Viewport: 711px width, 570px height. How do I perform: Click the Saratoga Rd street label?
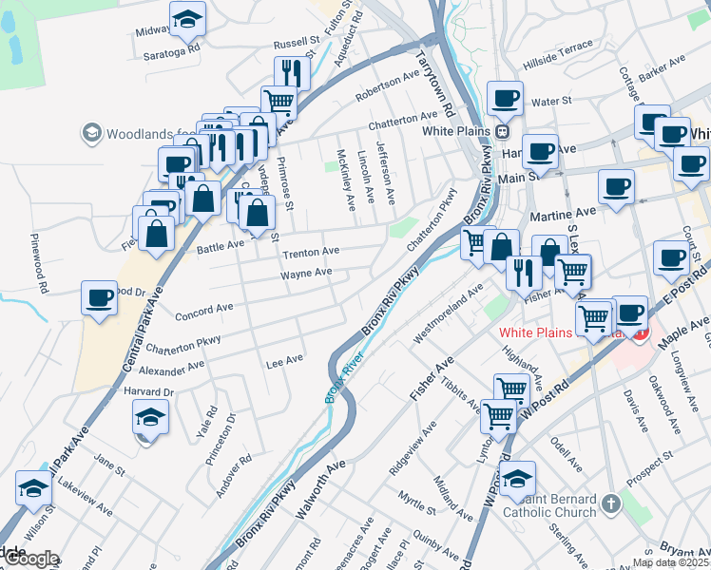(x=173, y=47)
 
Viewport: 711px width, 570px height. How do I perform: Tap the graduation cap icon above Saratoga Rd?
(x=188, y=18)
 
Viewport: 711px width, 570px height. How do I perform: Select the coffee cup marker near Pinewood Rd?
(x=100, y=298)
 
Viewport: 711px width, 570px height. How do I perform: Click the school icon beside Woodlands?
(x=92, y=132)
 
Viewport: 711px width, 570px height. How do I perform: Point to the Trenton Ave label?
(x=311, y=252)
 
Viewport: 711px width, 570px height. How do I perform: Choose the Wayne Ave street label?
(x=305, y=274)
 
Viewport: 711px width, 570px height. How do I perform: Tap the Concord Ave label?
(x=204, y=309)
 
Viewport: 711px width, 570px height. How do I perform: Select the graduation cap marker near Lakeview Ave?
(x=33, y=489)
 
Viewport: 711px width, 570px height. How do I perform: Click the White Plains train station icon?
(x=504, y=131)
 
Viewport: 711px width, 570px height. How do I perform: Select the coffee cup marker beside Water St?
(x=504, y=97)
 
